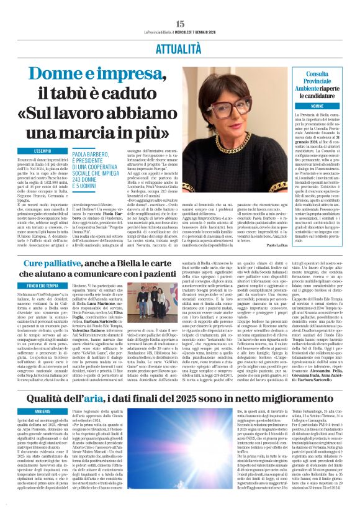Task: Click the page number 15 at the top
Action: (x=180, y=6)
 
